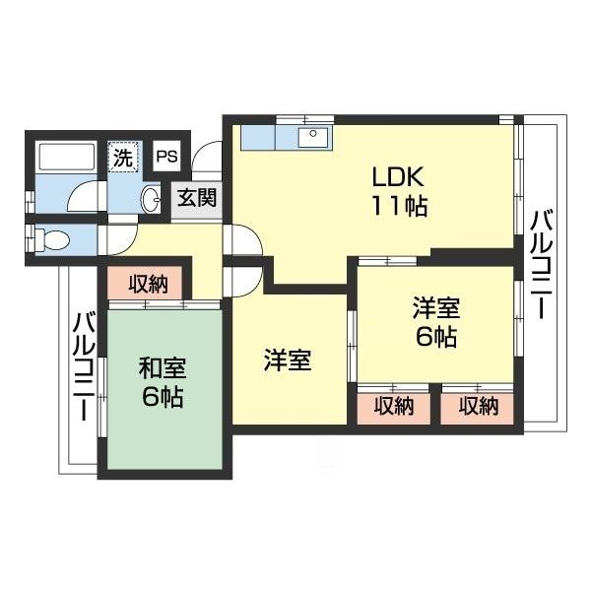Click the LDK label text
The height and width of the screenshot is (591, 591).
[x=398, y=178]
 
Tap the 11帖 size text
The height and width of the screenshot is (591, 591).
[x=398, y=208]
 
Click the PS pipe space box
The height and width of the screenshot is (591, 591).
[x=167, y=156]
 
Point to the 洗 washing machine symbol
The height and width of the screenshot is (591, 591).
[x=122, y=156]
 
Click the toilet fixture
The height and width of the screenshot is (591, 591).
[x=51, y=237]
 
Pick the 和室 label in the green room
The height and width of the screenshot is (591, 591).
[x=162, y=369]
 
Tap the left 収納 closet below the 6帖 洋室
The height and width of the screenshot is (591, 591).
[x=394, y=406]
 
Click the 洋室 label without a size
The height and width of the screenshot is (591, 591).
[x=288, y=361]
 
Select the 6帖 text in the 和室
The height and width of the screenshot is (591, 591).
[x=162, y=399]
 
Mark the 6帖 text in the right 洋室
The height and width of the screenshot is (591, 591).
[x=436, y=338]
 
